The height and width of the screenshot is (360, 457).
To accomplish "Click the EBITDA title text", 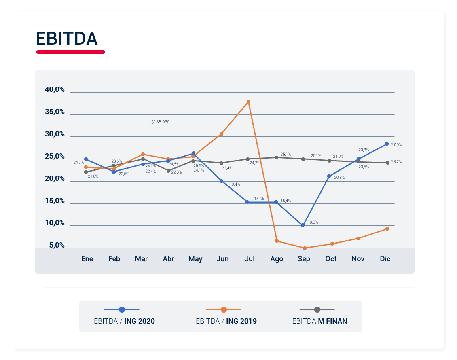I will click(x=67, y=38).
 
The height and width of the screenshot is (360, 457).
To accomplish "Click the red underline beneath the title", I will click(x=70, y=52).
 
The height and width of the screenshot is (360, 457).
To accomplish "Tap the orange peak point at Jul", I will click(x=248, y=101).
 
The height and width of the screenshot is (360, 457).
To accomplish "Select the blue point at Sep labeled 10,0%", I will click(x=303, y=225).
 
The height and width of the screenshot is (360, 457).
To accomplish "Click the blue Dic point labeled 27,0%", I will click(x=387, y=144).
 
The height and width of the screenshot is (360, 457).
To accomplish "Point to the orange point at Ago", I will click(x=277, y=241).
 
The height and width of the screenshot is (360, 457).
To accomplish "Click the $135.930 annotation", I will click(x=161, y=121).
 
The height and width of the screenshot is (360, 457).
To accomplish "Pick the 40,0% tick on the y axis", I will click(x=55, y=89).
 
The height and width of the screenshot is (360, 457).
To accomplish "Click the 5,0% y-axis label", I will click(x=57, y=245).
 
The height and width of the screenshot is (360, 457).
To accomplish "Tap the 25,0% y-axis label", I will click(x=55, y=156).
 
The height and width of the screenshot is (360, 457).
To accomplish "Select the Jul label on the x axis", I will click(x=250, y=259).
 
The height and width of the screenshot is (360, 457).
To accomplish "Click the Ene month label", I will click(x=87, y=259).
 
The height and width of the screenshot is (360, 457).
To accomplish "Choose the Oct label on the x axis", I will click(x=331, y=259).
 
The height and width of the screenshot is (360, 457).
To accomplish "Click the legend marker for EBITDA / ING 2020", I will click(x=122, y=309).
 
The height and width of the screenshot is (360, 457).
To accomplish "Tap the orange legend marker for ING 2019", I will click(x=224, y=309).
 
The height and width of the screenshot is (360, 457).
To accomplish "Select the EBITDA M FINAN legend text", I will click(x=319, y=321).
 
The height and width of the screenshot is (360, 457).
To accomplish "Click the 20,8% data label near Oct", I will click(x=340, y=177).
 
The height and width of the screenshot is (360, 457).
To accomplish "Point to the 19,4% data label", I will click(x=235, y=184).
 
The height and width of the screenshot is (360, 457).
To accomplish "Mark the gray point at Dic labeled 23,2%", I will click(x=387, y=163).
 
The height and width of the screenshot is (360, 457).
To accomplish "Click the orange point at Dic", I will click(x=387, y=229).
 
